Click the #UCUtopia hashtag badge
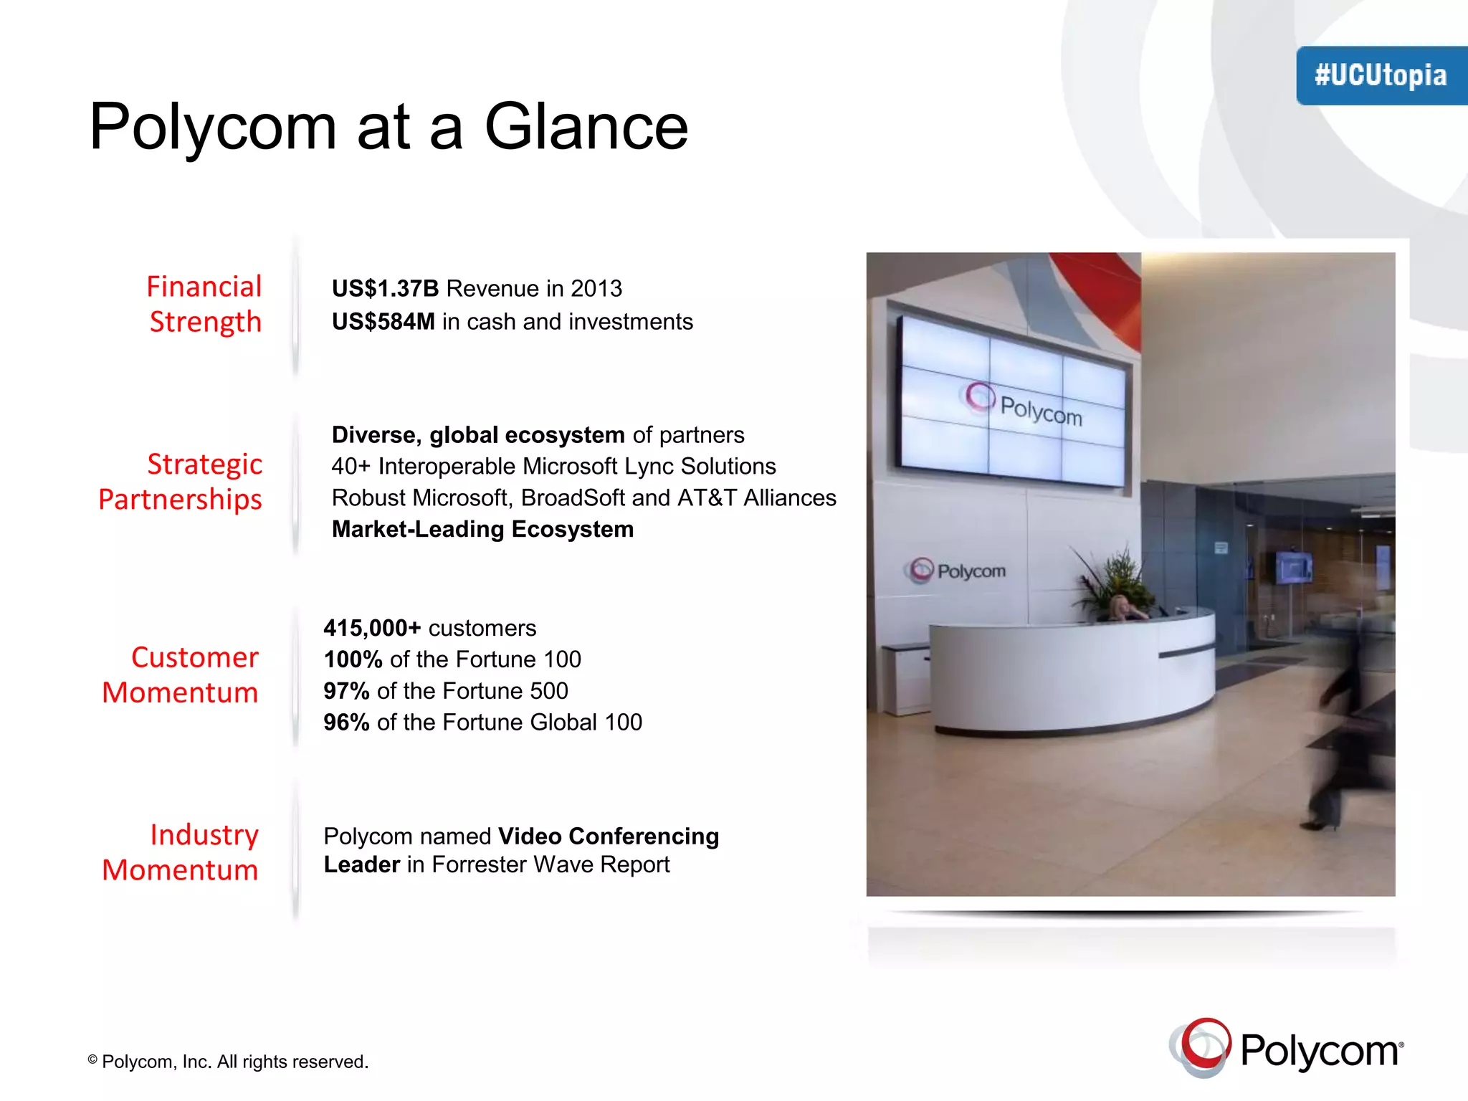click(1381, 75)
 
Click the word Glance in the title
click(586, 127)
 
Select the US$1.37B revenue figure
click(385, 288)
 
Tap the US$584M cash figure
click(383, 321)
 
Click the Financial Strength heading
click(204, 304)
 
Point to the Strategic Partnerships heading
click(181, 481)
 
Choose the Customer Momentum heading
click(181, 675)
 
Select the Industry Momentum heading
click(181, 852)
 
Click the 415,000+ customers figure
click(372, 628)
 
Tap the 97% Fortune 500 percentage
click(346, 690)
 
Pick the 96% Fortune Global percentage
click(346, 722)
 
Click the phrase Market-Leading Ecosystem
click(482, 529)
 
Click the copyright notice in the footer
click(228, 1062)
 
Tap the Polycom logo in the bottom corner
click(1286, 1049)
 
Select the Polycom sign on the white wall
click(955, 571)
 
